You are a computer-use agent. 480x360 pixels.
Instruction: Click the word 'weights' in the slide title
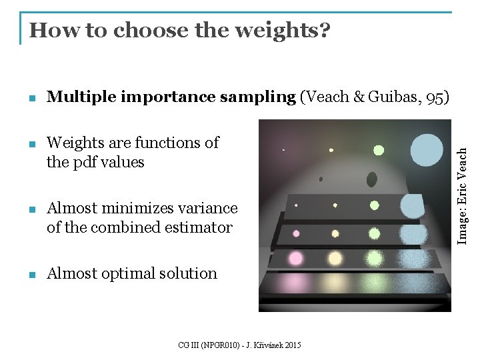tap(273, 31)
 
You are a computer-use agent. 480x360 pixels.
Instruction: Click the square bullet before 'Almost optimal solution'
tap(32, 275)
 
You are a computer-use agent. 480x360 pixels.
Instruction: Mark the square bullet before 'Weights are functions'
tap(32, 144)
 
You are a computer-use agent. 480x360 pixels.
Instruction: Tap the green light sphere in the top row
tap(379, 150)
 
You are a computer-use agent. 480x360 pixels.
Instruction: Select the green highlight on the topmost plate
tap(374, 205)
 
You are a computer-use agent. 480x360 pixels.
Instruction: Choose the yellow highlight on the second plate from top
tap(335, 233)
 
